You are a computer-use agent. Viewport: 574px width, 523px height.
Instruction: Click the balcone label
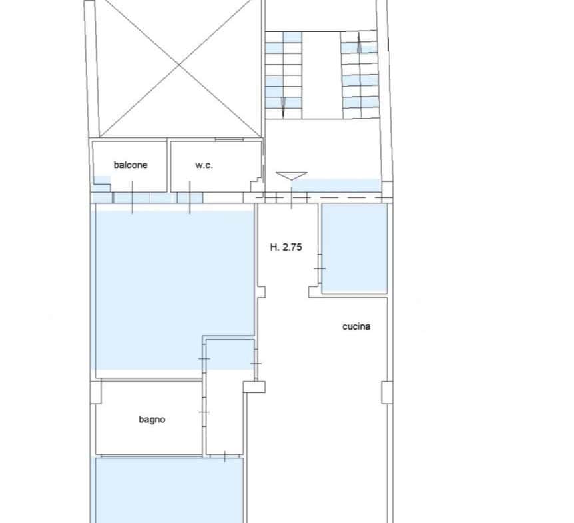131,165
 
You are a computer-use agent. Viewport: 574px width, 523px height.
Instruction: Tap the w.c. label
204,165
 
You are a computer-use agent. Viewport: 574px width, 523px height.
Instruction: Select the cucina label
356,326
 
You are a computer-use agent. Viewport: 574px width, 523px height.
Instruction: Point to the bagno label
152,420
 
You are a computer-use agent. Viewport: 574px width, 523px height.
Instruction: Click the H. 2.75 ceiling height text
286,247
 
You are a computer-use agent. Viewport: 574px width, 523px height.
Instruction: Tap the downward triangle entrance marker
292,176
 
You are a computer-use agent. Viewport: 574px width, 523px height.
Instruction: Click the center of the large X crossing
179,65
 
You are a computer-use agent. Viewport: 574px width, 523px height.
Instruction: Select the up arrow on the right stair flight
359,42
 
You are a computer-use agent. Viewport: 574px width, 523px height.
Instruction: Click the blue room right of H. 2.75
354,248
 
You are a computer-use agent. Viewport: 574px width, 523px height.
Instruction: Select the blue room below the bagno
169,490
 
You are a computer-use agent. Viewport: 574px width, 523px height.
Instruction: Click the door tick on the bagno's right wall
204,412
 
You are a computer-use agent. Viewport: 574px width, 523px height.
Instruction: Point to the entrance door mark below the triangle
292,198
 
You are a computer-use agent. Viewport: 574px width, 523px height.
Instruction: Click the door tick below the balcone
132,197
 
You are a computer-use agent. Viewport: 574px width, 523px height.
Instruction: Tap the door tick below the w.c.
190,197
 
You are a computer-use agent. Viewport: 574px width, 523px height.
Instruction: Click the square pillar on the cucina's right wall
387,393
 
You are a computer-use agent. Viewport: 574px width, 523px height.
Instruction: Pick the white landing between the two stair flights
322,75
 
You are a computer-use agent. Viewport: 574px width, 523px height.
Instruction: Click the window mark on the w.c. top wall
230,139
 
